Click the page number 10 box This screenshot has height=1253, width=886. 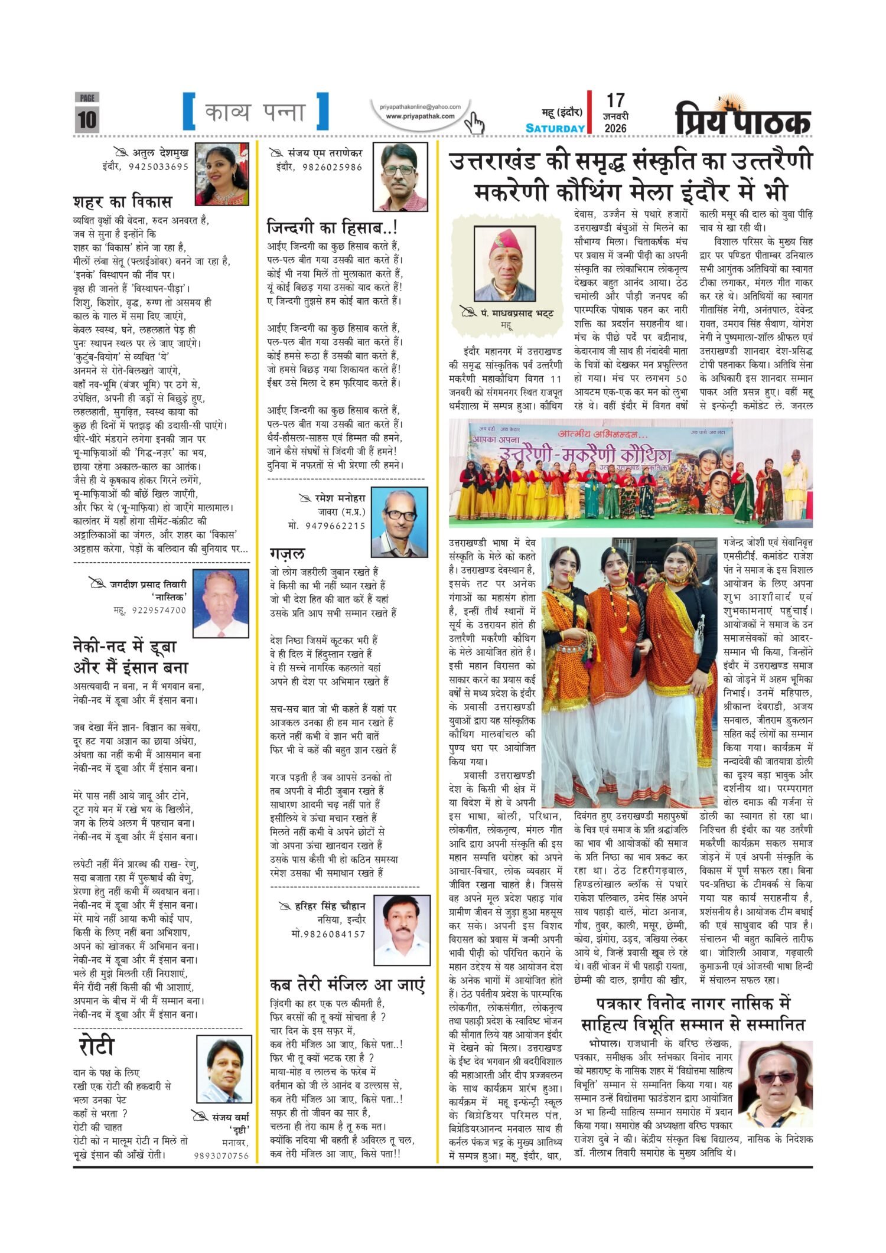[86, 118]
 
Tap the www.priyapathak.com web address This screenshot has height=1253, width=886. [420, 116]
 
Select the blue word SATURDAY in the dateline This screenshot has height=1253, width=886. [555, 128]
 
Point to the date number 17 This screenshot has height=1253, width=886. [615, 100]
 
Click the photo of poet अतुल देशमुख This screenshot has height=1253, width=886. [222, 174]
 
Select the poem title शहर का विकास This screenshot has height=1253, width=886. [123, 202]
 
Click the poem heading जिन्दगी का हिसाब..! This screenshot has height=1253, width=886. [332, 227]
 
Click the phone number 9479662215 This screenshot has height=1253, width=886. [335, 526]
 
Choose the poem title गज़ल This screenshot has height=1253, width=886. [288, 553]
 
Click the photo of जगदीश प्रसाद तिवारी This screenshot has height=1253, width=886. [221, 603]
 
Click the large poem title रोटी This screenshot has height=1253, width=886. [96, 1047]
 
